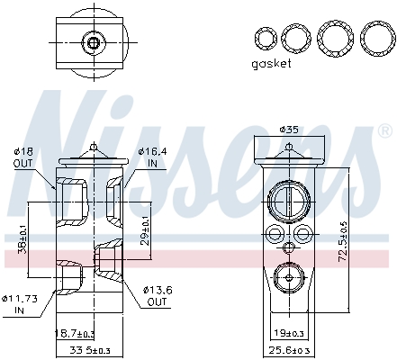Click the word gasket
tap(272, 65)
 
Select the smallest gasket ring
tap(265, 38)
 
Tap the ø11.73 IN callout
tap(19, 303)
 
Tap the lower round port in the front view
tap(288, 277)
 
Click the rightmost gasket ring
tap(375, 38)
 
